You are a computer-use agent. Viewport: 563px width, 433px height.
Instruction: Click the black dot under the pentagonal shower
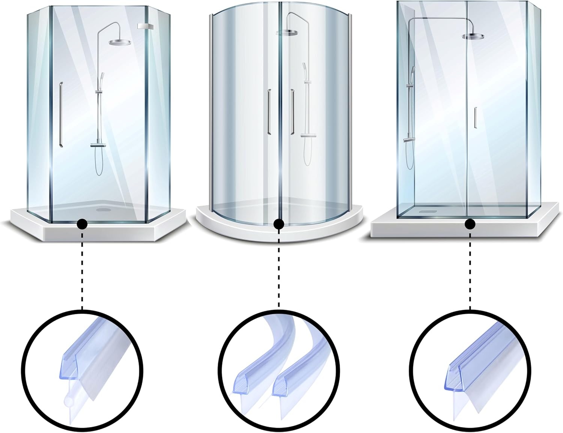(82, 224)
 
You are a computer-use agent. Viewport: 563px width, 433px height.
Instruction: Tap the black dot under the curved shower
(278, 224)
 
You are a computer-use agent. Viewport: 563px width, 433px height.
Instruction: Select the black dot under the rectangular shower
(470, 224)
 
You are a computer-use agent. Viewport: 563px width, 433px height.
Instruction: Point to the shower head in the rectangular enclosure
(474, 36)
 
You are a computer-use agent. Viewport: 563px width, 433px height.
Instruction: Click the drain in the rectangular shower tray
(428, 211)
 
